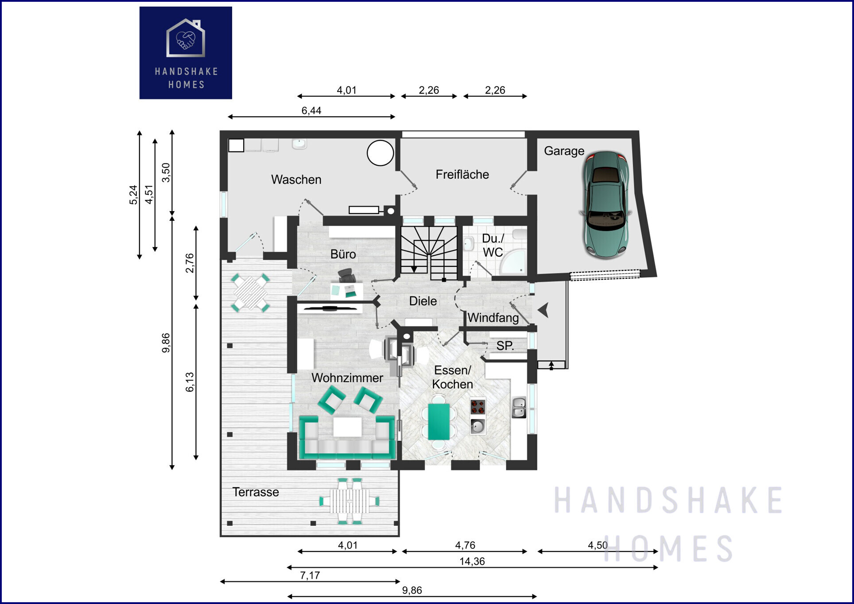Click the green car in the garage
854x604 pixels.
pyautogui.click(x=605, y=205)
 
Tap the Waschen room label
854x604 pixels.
pyautogui.click(x=296, y=180)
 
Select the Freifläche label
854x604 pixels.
pyautogui.click(x=462, y=174)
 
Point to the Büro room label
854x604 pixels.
pyautogui.click(x=343, y=254)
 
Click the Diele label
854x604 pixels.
pyautogui.click(x=423, y=301)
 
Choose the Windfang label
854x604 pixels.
pyautogui.click(x=493, y=318)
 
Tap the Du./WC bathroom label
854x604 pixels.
pyautogui.click(x=493, y=245)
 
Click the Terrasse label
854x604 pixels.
pyautogui.click(x=256, y=492)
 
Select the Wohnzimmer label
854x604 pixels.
pyautogui.click(x=347, y=378)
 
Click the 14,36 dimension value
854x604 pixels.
pyautogui.click(x=472, y=562)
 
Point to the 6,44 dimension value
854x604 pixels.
pyautogui.click(x=311, y=111)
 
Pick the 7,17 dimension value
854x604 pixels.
pyautogui.click(x=310, y=575)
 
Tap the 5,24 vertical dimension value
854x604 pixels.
pyautogui.click(x=133, y=195)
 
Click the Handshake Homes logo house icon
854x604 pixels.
pyautogui.click(x=186, y=38)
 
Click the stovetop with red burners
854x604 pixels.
pyautogui.click(x=478, y=406)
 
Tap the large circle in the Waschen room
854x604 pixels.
pyautogui.click(x=380, y=153)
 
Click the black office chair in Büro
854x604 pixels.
pyautogui.click(x=347, y=275)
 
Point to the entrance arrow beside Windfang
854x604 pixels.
pyautogui.click(x=543, y=310)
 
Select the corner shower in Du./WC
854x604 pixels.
pyautogui.click(x=513, y=263)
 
